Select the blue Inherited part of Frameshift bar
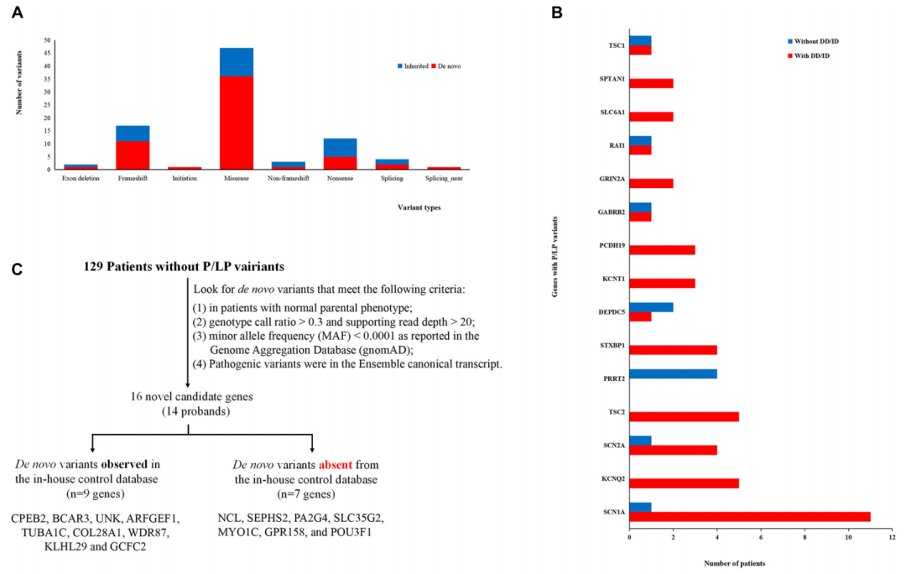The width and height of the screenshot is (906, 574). pyautogui.click(x=133, y=133)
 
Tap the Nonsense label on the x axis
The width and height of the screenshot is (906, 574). pyautogui.click(x=340, y=178)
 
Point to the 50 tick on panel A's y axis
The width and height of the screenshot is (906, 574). pyautogui.click(x=47, y=40)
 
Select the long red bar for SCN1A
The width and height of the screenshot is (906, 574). pyautogui.click(x=750, y=516)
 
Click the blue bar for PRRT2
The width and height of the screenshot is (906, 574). pyautogui.click(x=673, y=373)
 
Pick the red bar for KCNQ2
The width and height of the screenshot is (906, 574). pyautogui.click(x=684, y=483)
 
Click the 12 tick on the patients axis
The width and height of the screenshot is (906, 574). pyautogui.click(x=892, y=537)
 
